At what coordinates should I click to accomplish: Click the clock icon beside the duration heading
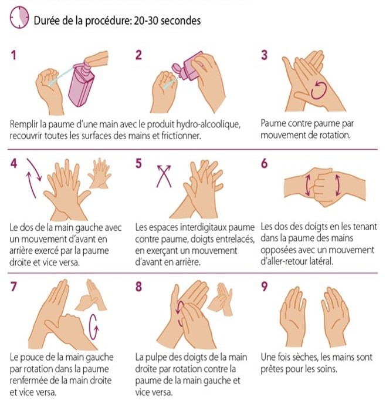(19, 18)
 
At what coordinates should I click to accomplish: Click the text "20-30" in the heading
(145, 21)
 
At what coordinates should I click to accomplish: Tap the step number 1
(13, 55)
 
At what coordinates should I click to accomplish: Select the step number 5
(138, 163)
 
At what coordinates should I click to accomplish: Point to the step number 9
(264, 287)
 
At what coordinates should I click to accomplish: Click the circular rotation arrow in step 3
(319, 90)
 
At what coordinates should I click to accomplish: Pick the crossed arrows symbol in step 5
(164, 176)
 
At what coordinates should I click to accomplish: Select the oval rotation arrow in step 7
(94, 327)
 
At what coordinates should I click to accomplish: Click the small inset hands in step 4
(100, 173)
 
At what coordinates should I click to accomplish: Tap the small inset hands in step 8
(221, 298)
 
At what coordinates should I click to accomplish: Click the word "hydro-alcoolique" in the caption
(208, 124)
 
